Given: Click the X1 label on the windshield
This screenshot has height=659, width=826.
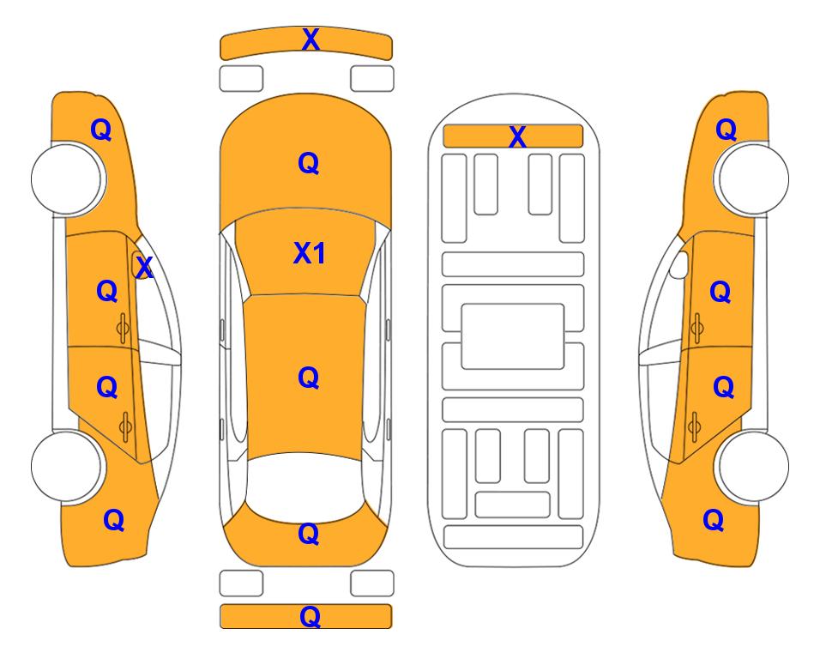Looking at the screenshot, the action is (x=310, y=253).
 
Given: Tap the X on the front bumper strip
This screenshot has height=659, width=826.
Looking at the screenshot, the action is (x=311, y=39).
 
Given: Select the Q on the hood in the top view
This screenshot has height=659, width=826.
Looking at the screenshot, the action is (x=309, y=163).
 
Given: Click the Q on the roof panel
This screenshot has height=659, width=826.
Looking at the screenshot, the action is (x=309, y=378).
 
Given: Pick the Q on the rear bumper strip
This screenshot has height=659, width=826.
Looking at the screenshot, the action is (x=310, y=616).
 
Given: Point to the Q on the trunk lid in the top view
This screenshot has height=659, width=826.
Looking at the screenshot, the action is (x=309, y=534).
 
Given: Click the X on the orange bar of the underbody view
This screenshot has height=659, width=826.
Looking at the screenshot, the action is (x=518, y=136).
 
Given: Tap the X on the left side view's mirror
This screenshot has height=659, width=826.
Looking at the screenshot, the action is (x=144, y=267).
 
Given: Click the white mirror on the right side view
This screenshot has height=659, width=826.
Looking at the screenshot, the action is (x=679, y=264).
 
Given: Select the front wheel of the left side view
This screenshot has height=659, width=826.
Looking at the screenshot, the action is (x=68, y=178).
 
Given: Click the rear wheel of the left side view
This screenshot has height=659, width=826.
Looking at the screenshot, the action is (x=67, y=467).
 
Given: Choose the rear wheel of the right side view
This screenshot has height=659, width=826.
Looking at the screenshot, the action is (x=752, y=467).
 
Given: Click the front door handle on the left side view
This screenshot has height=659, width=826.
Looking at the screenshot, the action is (x=124, y=328).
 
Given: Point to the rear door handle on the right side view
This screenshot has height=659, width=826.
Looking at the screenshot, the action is (x=695, y=426).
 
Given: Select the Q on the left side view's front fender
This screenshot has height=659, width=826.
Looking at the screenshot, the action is (x=101, y=130).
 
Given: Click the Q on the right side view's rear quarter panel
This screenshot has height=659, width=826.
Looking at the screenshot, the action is (x=714, y=520).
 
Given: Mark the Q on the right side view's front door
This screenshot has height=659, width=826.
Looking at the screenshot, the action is (x=720, y=292).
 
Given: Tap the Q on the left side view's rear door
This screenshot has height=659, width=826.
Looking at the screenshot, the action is (x=107, y=388).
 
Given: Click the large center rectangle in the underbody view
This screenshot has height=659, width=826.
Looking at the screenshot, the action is (x=513, y=336).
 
